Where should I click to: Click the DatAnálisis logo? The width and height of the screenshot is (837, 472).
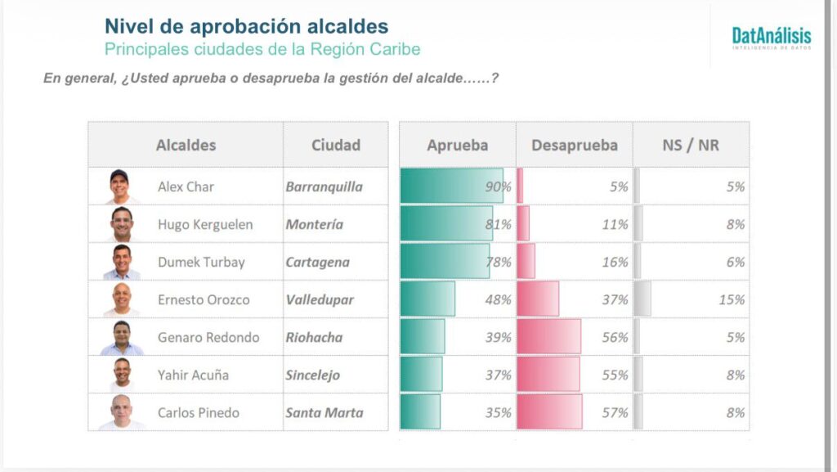click(771, 38)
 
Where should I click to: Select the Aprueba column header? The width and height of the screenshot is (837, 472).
click(457, 146)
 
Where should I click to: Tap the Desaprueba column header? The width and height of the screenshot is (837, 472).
click(574, 146)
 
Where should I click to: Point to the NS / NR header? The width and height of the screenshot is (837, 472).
click(691, 146)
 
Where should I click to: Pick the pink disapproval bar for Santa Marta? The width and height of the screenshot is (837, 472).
click(549, 412)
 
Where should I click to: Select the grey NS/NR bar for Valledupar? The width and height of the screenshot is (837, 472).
click(643, 299)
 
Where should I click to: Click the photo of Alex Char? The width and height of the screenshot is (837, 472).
click(119, 187)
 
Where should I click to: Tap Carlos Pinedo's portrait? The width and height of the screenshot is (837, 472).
click(121, 412)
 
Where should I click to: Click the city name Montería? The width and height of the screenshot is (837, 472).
click(314, 225)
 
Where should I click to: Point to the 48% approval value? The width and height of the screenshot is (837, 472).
click(498, 300)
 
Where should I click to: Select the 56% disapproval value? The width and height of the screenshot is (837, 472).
click(615, 338)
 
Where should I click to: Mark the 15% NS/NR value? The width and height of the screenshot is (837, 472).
click(732, 300)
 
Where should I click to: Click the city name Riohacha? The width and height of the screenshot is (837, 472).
click(314, 338)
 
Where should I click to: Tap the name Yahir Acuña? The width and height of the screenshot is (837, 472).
click(193, 375)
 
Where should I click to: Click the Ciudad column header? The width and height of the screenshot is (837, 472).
click(335, 146)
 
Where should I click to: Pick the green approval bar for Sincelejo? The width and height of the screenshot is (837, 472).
click(421, 375)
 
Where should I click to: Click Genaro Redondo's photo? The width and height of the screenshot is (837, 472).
click(121, 337)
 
